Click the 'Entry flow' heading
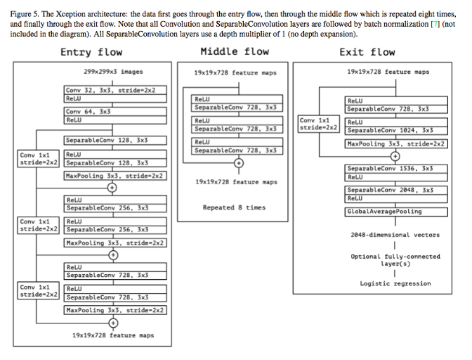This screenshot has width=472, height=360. point(91,52)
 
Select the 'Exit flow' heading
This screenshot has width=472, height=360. point(367,52)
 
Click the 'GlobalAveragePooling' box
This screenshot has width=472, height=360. point(397,211)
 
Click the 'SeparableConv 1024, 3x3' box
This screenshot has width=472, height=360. point(397,130)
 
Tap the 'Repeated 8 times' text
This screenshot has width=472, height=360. point(234,207)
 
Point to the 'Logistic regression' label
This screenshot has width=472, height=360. point(395,283)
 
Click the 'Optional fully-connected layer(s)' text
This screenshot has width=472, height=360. point(395,260)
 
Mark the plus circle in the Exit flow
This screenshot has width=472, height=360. point(395,156)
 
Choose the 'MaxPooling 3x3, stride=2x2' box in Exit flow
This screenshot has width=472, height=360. point(397,143)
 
